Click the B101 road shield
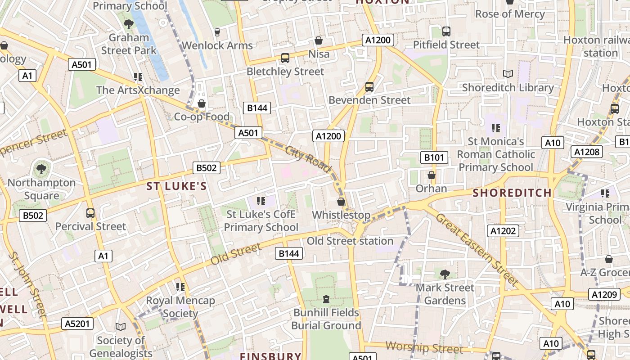click(x=434, y=157)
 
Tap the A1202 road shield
click(x=503, y=231)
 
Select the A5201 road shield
click(x=78, y=324)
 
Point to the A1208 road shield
click(x=587, y=152)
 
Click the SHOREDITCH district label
click(x=512, y=193)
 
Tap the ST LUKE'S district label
click(x=176, y=186)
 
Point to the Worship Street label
click(x=424, y=347)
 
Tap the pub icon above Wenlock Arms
click(x=217, y=32)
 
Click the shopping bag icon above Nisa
click(x=319, y=41)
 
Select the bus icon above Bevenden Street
click(x=369, y=86)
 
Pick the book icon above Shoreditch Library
click(x=508, y=74)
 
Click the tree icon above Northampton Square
click(x=41, y=169)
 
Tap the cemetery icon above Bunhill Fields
click(x=326, y=299)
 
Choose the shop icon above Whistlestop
click(x=341, y=202)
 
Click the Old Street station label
click(x=350, y=241)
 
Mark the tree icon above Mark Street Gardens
click(x=445, y=274)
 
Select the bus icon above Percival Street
click(x=90, y=213)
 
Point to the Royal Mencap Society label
click(x=180, y=306)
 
